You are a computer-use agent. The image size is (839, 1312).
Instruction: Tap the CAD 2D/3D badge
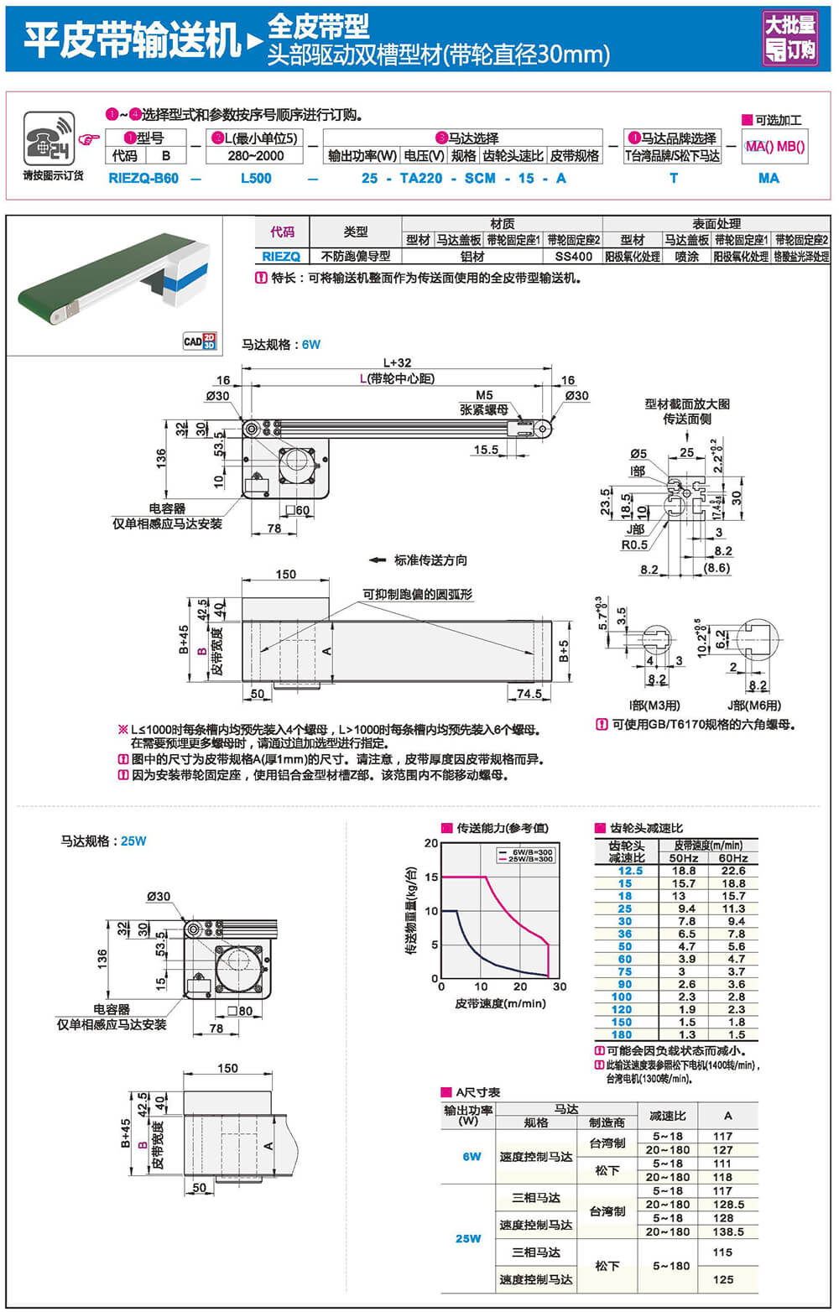coord(200,341)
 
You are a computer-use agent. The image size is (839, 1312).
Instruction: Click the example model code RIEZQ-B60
coord(143,178)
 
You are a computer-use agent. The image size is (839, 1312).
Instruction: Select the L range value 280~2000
coord(255,155)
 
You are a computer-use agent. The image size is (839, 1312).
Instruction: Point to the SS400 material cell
coord(573,257)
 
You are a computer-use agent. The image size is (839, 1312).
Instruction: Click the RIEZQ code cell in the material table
coord(281,257)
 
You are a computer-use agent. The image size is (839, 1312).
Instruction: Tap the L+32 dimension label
coord(398,363)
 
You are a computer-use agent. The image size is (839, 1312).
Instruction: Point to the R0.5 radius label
coord(633,544)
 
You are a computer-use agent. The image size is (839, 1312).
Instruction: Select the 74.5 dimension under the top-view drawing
coord(529,694)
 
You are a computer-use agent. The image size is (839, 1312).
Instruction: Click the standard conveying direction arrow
coord(377,560)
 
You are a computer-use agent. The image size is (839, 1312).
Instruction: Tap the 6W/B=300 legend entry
coord(525,852)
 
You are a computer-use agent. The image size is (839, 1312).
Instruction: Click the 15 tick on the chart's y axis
coord(431,877)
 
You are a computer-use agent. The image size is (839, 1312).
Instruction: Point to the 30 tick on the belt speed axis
coord(560,987)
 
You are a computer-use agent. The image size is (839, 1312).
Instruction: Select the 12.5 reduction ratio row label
coord(630,871)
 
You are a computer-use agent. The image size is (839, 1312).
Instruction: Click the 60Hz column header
coord(732,858)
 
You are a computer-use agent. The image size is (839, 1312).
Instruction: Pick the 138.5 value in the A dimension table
coord(727,1231)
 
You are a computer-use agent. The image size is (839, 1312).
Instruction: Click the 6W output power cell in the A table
coord(472,1156)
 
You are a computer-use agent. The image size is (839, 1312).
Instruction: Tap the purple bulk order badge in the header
coord(789,38)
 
